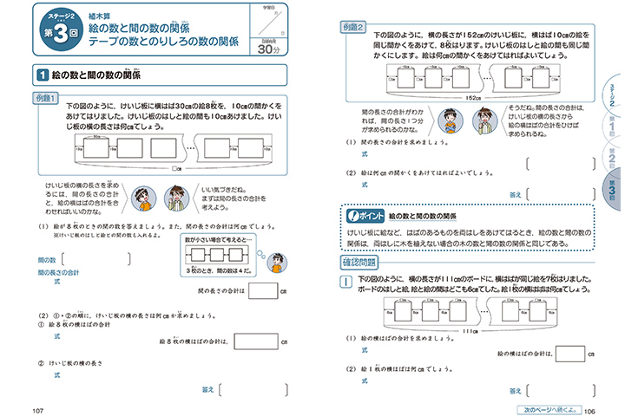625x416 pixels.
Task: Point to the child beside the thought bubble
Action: [x=277, y=263]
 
